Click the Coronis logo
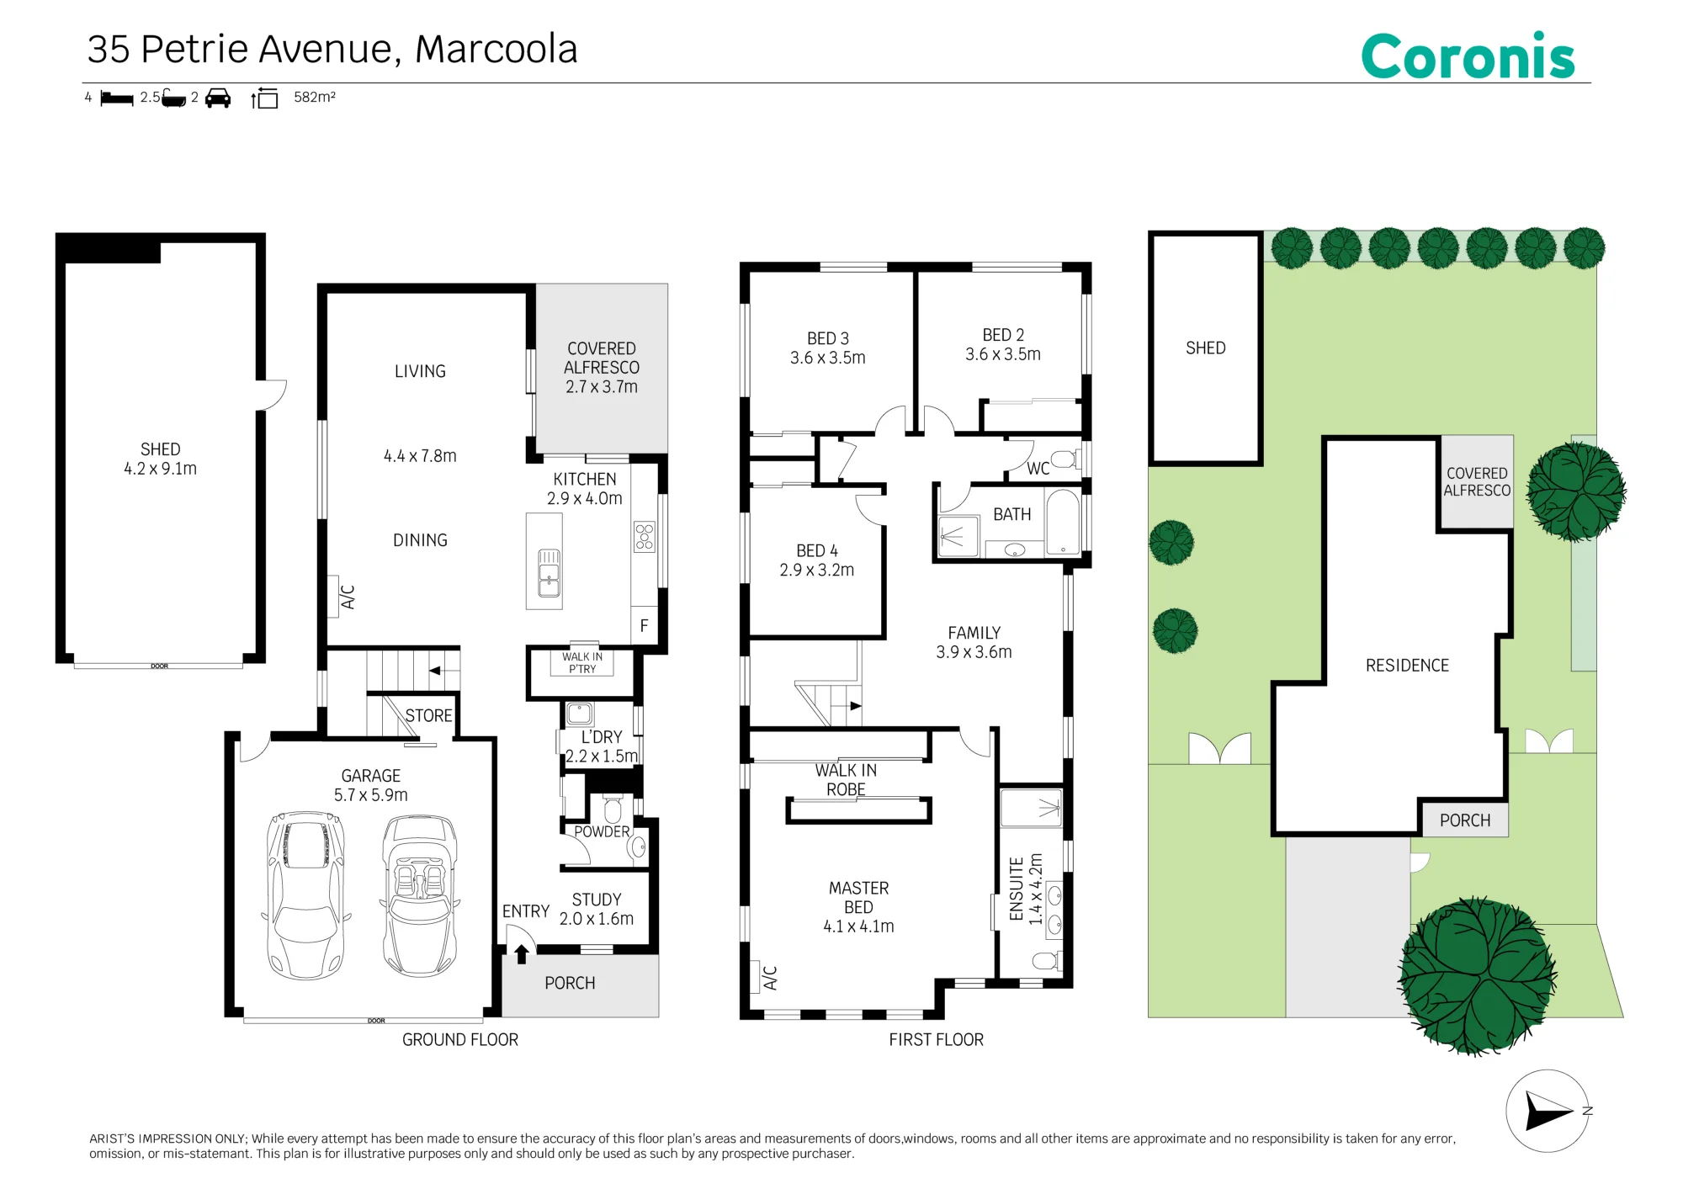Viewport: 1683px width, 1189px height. tap(1468, 56)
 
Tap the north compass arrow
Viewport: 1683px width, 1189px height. tap(1548, 1111)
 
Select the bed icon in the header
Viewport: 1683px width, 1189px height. tap(117, 98)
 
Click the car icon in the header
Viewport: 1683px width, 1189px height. tap(218, 98)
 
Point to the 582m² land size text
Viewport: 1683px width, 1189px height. tap(315, 97)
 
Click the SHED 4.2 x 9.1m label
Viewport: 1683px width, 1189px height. tap(160, 459)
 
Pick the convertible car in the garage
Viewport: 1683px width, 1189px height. tap(420, 895)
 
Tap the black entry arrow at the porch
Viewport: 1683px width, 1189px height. tap(522, 953)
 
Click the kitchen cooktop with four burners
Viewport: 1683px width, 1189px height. tap(645, 537)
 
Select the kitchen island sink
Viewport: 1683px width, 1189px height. tap(549, 572)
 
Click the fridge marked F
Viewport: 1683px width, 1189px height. tap(644, 625)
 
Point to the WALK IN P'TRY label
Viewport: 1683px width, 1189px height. tap(582, 663)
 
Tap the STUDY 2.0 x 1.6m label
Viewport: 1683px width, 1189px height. tap(597, 909)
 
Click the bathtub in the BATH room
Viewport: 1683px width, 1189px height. tap(1063, 522)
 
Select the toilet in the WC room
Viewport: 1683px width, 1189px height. tap(1065, 459)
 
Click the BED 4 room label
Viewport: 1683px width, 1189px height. tap(817, 560)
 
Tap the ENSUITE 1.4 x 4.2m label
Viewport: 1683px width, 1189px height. tap(1026, 889)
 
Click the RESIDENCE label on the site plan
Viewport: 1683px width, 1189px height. tap(1407, 666)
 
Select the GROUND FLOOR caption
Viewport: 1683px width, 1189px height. tap(460, 1039)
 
